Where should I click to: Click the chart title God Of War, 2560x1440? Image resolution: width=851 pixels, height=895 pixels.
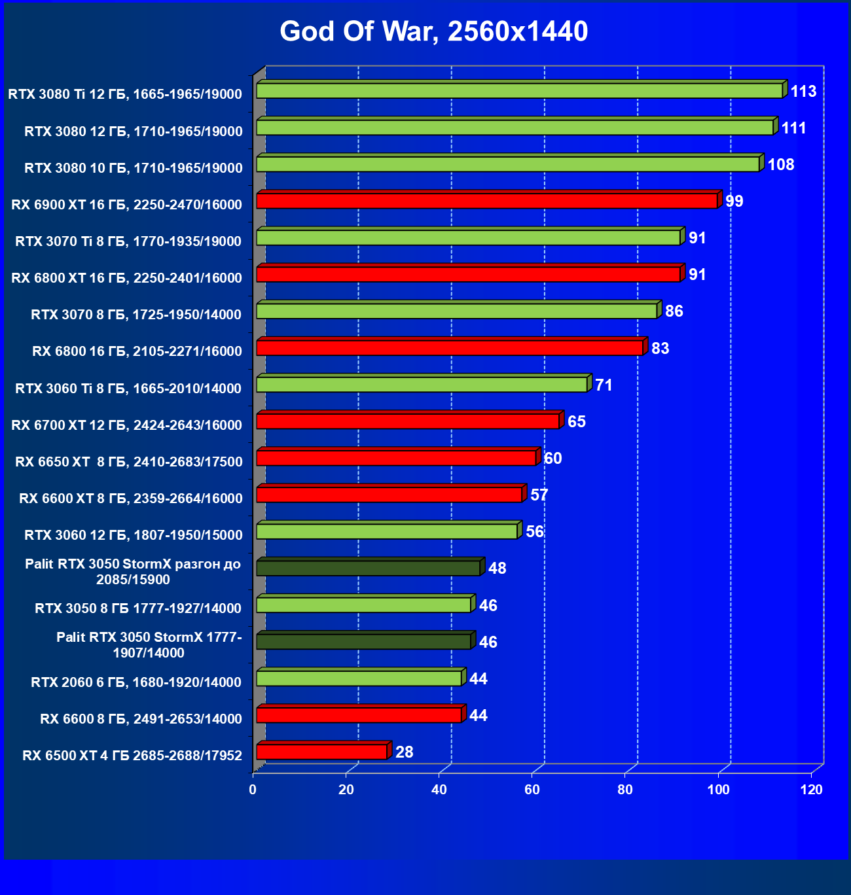point(434,31)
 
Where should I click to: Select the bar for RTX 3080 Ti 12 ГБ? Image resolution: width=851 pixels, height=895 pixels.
point(519,91)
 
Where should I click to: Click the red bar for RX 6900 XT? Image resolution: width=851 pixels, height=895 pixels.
point(486,201)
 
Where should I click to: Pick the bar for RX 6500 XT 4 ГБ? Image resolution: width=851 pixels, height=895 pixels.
point(321,752)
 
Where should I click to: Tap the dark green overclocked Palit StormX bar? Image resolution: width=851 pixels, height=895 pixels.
point(368,568)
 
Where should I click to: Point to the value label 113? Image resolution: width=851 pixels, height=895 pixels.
point(803,91)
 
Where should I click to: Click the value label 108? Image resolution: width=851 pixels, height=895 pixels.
point(780,164)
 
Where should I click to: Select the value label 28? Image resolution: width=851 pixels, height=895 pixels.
point(405,752)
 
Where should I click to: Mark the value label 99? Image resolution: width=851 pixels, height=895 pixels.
point(734,201)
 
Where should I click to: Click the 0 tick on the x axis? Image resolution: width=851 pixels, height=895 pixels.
point(253,790)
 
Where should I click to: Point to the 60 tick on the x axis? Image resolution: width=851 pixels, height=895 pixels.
point(532,790)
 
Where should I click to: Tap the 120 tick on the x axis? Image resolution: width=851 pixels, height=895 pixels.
point(812,790)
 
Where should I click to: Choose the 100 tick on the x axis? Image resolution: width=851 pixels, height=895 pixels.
point(719,790)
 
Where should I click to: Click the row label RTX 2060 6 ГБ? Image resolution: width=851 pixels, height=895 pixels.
point(136,682)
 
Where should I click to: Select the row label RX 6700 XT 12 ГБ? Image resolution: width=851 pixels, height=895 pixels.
point(126,425)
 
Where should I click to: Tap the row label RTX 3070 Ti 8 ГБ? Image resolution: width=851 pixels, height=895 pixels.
point(128,241)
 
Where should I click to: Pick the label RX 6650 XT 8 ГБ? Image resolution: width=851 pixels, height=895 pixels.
point(129,462)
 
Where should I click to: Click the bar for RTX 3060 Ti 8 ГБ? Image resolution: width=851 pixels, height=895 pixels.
point(422,385)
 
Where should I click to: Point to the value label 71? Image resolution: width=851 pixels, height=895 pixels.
point(604,385)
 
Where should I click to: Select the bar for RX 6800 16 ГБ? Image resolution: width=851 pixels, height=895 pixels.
point(449,348)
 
